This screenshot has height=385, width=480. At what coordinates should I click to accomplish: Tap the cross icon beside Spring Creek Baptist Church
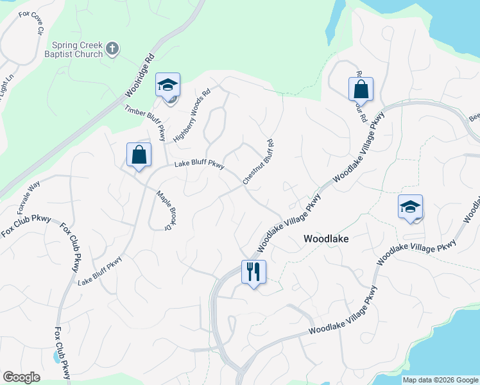coord(112,48)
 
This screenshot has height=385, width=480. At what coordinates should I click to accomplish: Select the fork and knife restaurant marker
coord(253,271)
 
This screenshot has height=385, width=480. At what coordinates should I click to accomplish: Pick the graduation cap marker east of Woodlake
coord(410,207)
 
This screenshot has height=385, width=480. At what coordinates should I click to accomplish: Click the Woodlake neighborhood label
coord(325,238)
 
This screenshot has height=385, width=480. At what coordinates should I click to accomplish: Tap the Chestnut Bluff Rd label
coord(259,162)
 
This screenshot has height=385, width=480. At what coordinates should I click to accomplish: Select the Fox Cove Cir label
coord(31,21)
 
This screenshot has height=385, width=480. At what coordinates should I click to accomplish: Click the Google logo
coord(22,377)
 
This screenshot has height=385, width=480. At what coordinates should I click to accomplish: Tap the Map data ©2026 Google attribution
coord(440,380)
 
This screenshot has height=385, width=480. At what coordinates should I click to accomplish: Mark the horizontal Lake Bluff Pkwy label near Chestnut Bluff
coord(199,164)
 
